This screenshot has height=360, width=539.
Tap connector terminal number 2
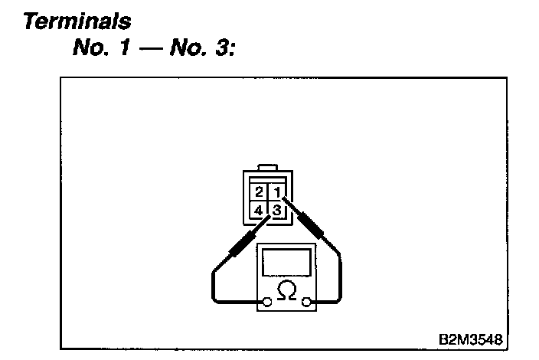point(260,191)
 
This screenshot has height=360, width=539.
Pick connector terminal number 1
point(278,191)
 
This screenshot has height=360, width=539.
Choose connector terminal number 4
point(260,208)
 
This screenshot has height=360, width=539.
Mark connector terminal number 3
point(278,208)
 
